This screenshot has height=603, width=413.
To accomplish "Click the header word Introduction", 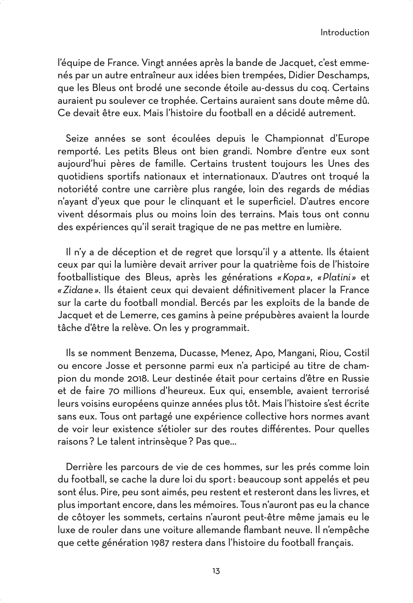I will [345, 32].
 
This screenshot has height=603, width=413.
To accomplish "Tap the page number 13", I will [216, 571].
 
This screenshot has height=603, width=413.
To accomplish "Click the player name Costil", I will [357, 353].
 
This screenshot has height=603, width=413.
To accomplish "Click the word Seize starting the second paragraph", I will [78, 138].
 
